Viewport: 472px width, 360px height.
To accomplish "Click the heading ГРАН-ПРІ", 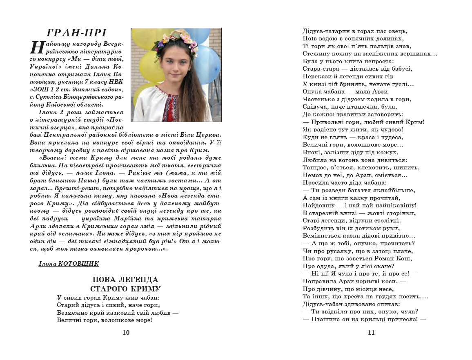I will [76, 33].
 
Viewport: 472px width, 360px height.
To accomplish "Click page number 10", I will [126, 333].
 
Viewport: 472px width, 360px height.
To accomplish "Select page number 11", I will [371, 333].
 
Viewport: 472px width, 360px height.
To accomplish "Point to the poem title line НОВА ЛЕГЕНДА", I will [125, 280].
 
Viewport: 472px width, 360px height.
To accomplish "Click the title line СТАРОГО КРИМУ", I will [125, 289].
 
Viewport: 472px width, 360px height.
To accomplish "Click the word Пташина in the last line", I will [325, 320].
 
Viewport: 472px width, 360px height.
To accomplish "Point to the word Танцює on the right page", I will [314, 168].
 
